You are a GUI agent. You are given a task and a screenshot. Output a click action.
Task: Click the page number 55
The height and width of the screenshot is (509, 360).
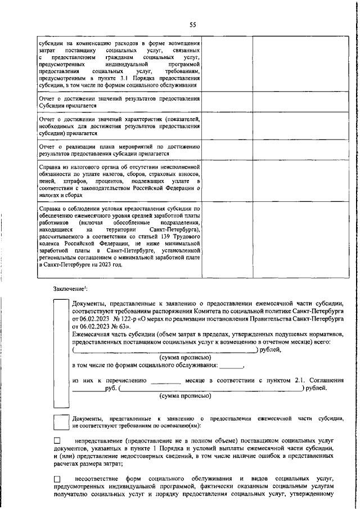(x=192, y=24)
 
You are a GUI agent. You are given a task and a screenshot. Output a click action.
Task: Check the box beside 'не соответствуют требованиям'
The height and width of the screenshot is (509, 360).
(x=61, y=422)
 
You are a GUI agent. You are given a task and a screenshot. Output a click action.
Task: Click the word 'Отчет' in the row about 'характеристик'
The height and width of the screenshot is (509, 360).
(x=47, y=119)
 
